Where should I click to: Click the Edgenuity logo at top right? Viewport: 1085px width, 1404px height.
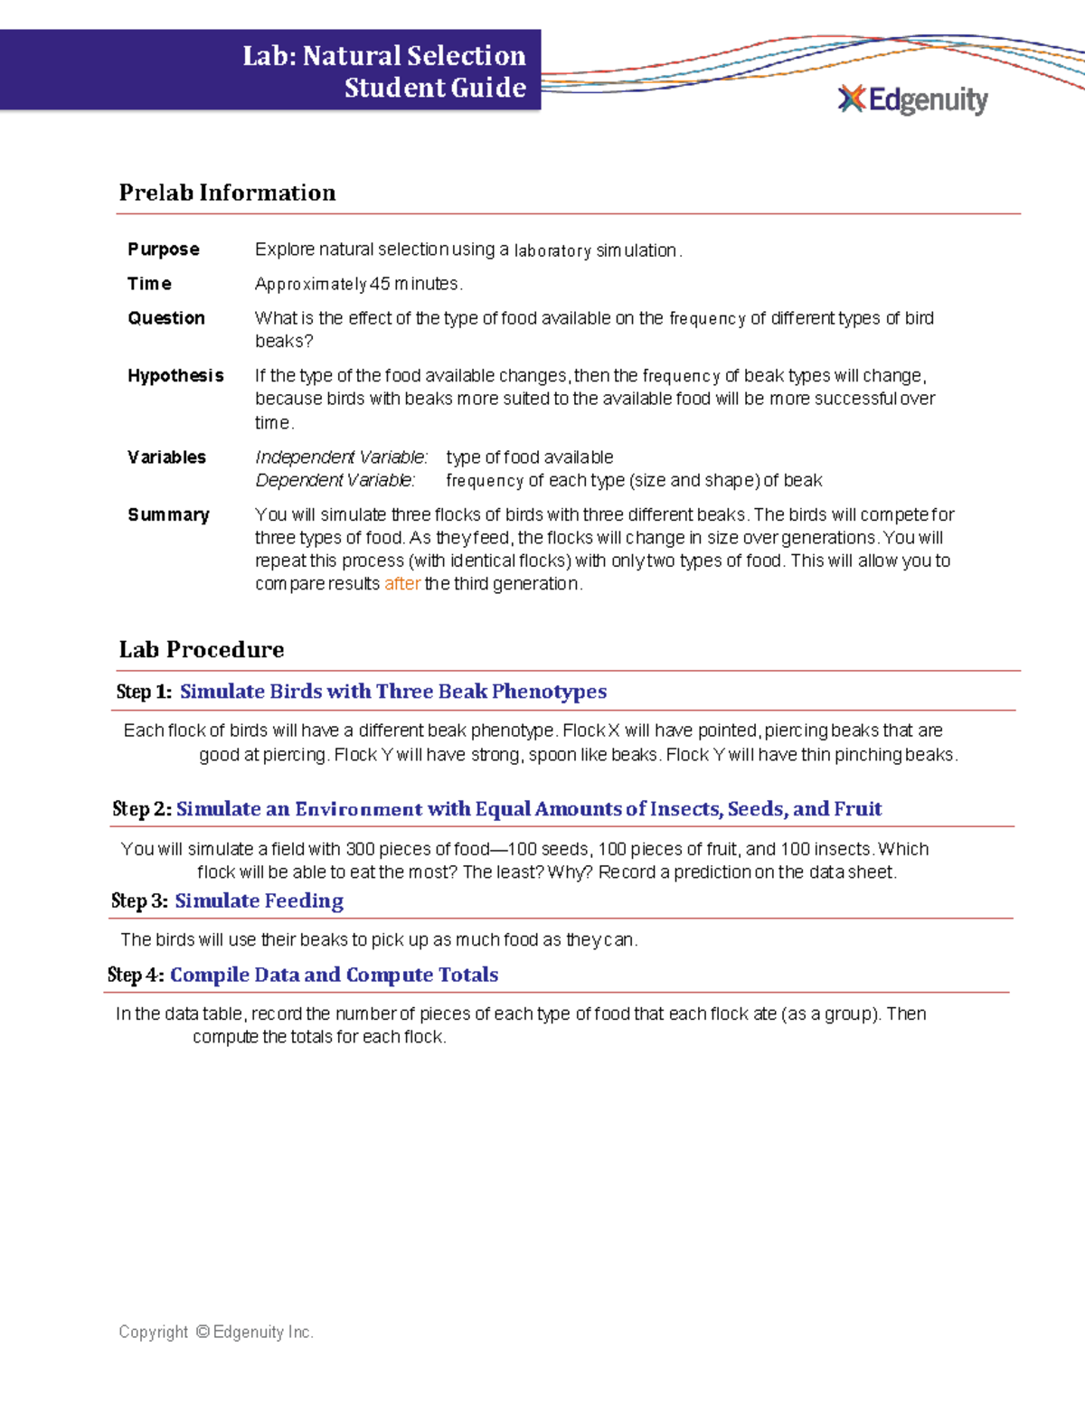click(913, 99)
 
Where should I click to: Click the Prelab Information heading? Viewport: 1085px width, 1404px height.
click(227, 193)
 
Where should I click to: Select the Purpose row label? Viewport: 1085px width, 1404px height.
click(164, 250)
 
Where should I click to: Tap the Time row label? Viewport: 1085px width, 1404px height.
click(149, 284)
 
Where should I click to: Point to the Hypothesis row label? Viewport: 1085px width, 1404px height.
click(175, 376)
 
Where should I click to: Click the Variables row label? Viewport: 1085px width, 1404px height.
click(166, 457)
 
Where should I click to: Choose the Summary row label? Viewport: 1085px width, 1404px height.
click(168, 515)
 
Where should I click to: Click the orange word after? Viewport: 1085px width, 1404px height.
click(402, 584)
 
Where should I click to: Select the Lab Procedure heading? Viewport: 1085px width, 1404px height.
click(202, 650)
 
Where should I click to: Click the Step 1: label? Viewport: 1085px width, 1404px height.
click(144, 693)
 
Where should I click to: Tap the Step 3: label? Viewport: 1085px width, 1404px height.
click(139, 901)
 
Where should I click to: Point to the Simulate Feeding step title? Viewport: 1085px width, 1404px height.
click(259, 901)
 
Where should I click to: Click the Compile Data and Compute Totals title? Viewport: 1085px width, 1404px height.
click(335, 975)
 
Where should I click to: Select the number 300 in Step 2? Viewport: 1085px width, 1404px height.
click(360, 850)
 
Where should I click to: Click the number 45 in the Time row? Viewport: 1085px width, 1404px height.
click(380, 284)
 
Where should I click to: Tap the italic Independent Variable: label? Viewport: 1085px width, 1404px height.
click(342, 457)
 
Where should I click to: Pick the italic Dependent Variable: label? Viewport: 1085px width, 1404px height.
click(335, 481)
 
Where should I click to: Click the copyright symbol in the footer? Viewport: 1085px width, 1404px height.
click(203, 1332)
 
